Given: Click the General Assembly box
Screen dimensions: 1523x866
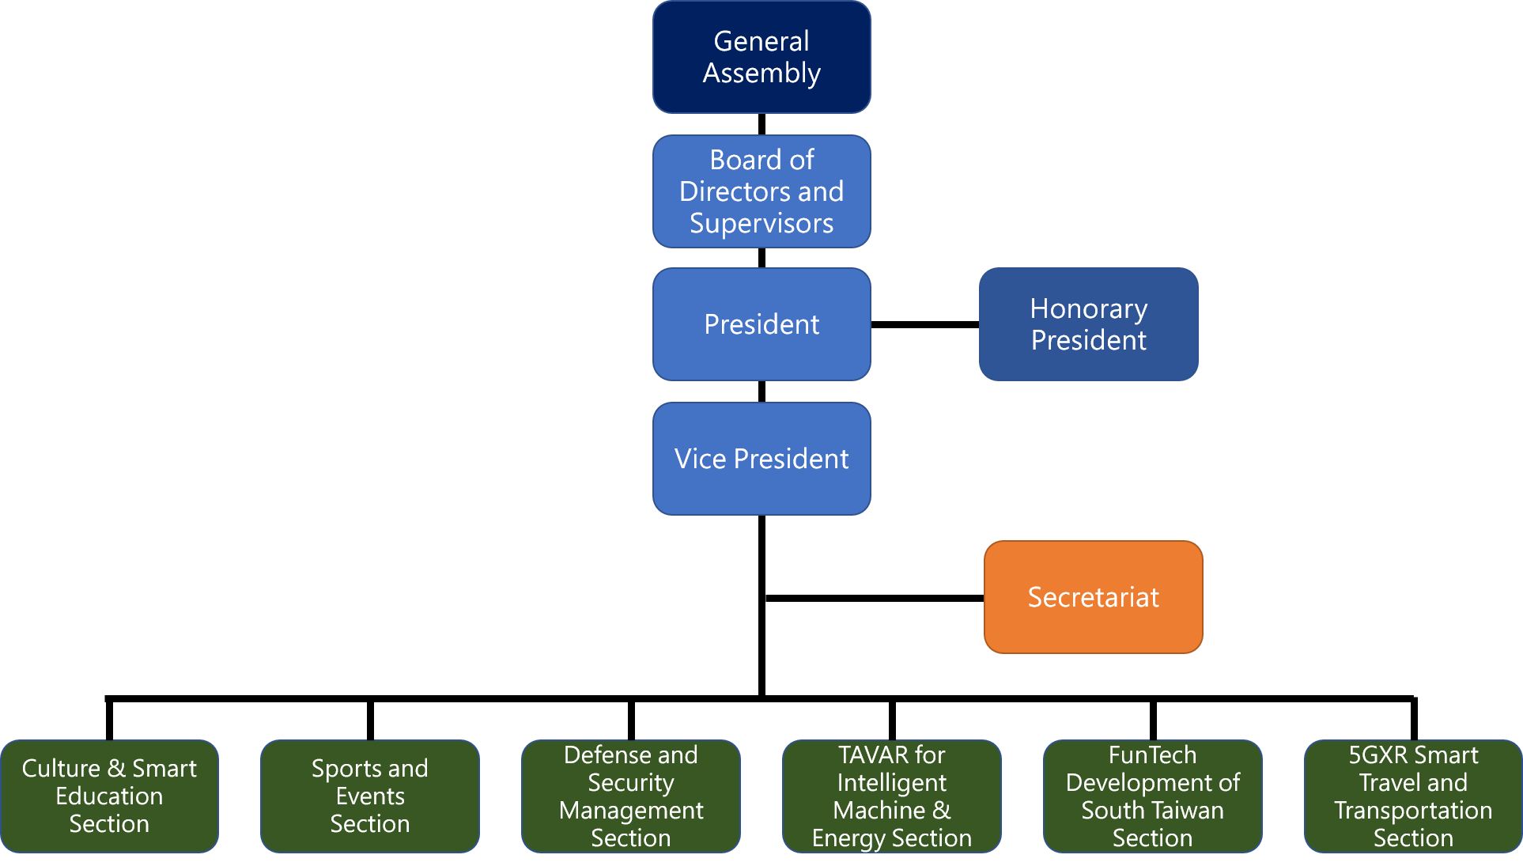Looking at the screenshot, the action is pos(761,57).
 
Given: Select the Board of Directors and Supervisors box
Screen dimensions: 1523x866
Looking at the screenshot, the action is pos(761,191).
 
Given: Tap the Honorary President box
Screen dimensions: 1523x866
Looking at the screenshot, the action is pos(1089,324).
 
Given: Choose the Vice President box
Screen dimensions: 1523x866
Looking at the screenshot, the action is pos(761,459).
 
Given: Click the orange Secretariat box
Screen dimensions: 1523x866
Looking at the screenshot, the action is pos(1094,597).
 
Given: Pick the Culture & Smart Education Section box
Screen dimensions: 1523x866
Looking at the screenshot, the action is pos(109,796).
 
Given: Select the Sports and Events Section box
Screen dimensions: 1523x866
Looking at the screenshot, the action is pos(370,796).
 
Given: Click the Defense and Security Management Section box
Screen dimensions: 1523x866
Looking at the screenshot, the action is pos(631,796).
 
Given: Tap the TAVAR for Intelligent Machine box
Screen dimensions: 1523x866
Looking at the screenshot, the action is pos(892,796).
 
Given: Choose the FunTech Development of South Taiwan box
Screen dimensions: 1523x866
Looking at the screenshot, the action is pos(1153,796).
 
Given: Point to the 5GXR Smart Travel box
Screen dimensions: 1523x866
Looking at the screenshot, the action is pos(1413,796).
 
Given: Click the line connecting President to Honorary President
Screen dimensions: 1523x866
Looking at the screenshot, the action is pos(925,324).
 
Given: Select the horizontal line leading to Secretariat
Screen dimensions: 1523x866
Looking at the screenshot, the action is pos(875,598).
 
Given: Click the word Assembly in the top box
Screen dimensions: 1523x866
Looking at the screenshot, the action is pos(761,74).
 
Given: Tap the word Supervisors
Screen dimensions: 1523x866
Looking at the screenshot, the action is pos(761,224).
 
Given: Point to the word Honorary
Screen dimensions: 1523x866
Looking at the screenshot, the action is pos(1089,309).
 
